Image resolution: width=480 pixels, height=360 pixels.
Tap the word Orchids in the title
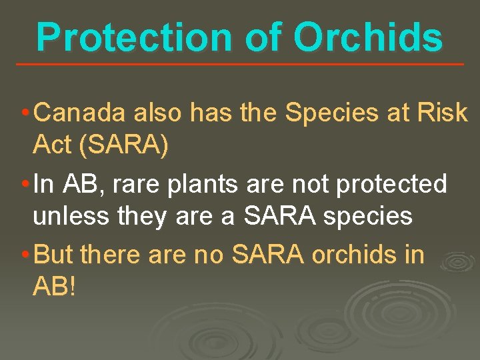coord(368,37)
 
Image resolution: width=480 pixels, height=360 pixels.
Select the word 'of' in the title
coord(271,37)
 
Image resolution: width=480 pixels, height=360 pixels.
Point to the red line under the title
coord(240,64)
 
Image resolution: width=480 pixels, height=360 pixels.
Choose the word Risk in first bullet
coord(443,114)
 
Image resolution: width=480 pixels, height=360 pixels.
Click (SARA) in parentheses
coord(123,145)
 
